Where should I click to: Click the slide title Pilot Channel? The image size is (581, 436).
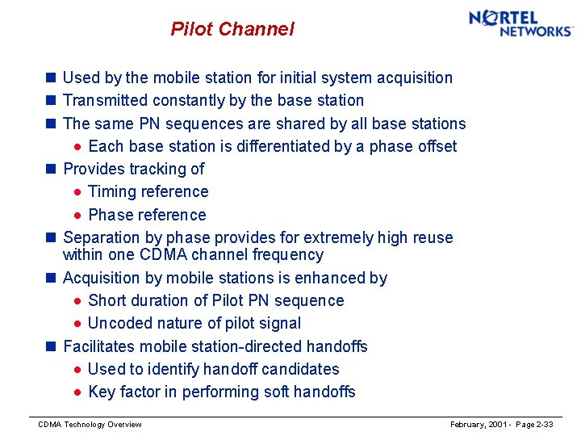pyautogui.click(x=232, y=30)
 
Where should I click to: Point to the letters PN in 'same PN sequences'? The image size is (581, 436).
pyautogui.click(x=149, y=124)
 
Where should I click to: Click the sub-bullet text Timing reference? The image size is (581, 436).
pyautogui.click(x=148, y=191)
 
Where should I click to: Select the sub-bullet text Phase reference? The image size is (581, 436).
pyautogui.click(x=147, y=215)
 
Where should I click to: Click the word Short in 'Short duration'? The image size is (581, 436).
pyautogui.click(x=108, y=300)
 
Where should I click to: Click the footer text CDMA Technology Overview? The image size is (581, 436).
pyautogui.click(x=90, y=425)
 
